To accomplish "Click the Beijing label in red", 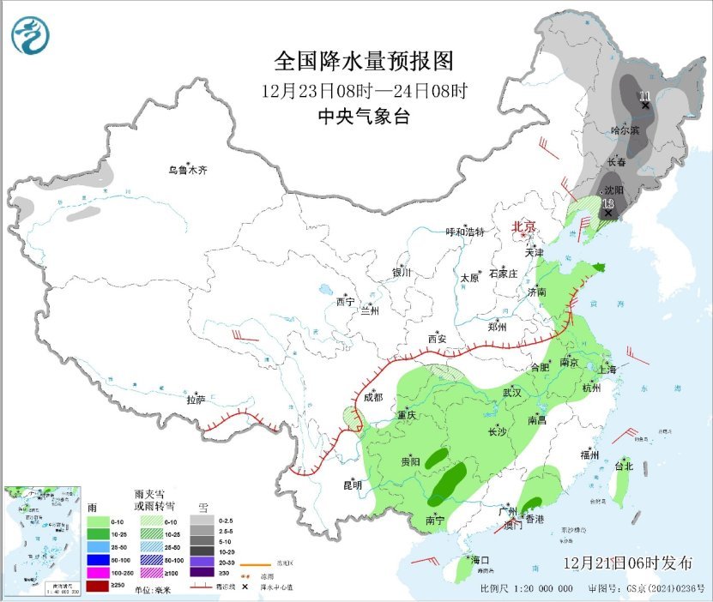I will (523, 226).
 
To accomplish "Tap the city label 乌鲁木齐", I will (187, 170).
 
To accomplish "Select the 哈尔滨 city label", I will (625, 130).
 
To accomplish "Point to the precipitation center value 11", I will (644, 95).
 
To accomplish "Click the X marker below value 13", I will (607, 214).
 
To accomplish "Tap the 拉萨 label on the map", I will (196, 399).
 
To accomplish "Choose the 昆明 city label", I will (353, 485).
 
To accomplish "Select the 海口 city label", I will (480, 560).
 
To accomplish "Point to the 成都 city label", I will (372, 397).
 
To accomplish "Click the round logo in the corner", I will (30, 35).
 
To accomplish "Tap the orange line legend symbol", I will (251, 564).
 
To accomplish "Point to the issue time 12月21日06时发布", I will (628, 563).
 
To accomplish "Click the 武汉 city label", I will (512, 392).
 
